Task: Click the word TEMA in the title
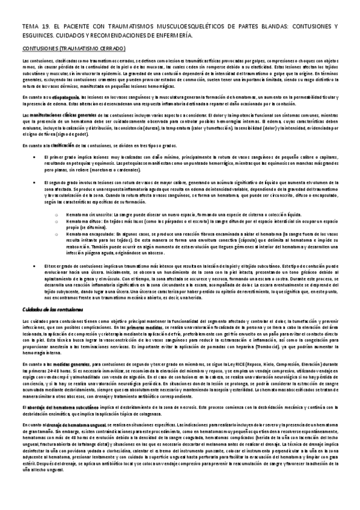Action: pos(29,28)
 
